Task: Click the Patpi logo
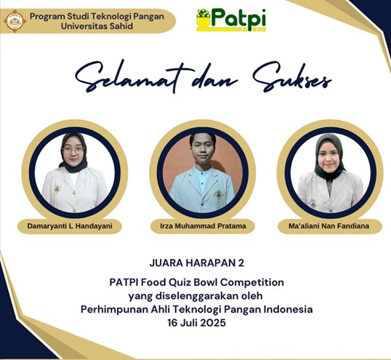pyautogui.click(x=231, y=20)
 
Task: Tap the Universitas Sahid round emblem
pyautogui.click(x=15, y=21)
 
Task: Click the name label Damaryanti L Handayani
pyautogui.click(x=70, y=226)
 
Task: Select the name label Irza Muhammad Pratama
pyautogui.click(x=203, y=226)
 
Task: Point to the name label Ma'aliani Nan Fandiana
pyautogui.click(x=329, y=226)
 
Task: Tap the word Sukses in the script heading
pyautogui.click(x=291, y=77)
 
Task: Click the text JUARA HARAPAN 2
pyautogui.click(x=197, y=263)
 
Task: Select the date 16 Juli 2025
pyautogui.click(x=197, y=323)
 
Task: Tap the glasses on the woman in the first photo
pyautogui.click(x=73, y=151)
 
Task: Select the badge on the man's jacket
pyautogui.click(x=218, y=194)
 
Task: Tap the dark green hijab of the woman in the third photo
pyautogui.click(x=329, y=157)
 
